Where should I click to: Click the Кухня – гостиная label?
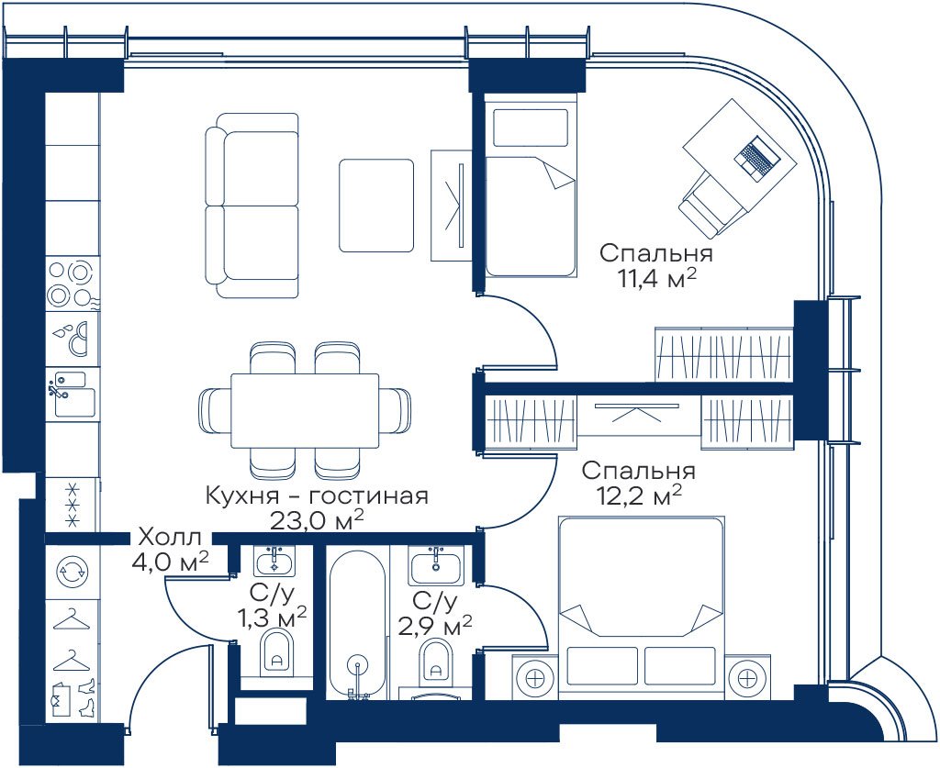tap(317, 496)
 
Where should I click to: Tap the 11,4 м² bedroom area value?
tap(656, 279)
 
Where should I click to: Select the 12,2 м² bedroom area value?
tap(640, 496)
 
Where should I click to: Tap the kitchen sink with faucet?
tap(73, 393)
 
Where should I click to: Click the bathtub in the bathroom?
tap(357, 624)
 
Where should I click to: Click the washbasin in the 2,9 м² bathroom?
tap(436, 564)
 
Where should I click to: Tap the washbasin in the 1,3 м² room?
tap(275, 562)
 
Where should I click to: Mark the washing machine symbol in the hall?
tap(72, 571)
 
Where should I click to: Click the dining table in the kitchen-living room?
tap(305, 410)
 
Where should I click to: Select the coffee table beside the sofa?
tap(376, 206)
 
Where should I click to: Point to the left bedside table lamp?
tap(535, 677)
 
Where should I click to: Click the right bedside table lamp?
tap(747, 677)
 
